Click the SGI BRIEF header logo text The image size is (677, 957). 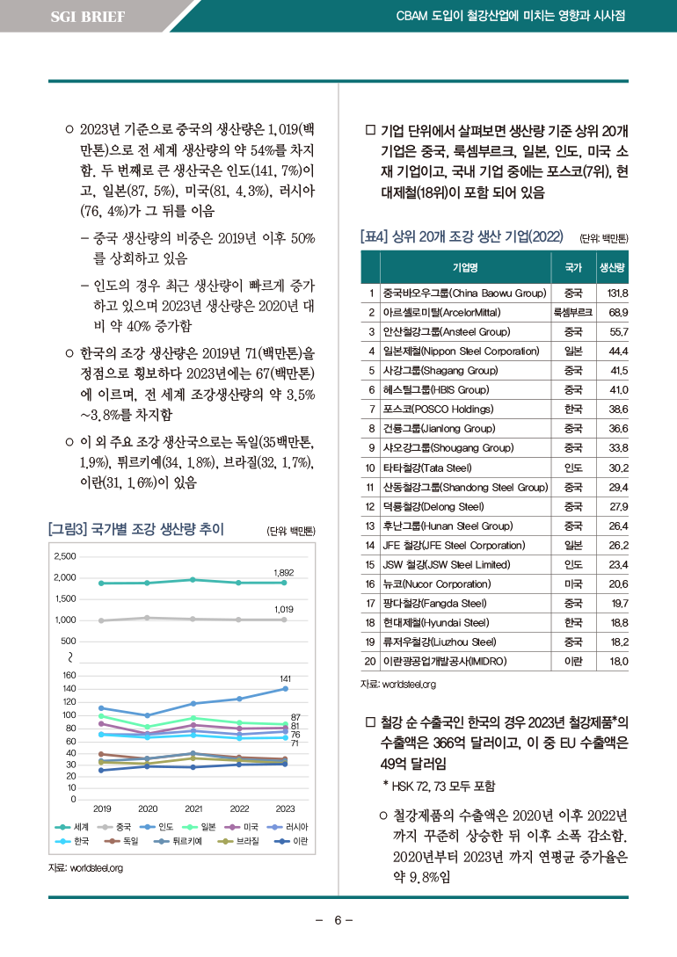coord(87,17)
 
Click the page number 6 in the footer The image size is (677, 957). coord(337,920)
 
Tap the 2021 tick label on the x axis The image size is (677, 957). coord(193,808)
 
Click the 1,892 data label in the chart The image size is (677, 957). coord(283,572)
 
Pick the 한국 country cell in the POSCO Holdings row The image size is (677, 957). coord(573,410)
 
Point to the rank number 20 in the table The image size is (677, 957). coord(370,661)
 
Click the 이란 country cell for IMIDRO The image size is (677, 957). coord(573,661)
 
